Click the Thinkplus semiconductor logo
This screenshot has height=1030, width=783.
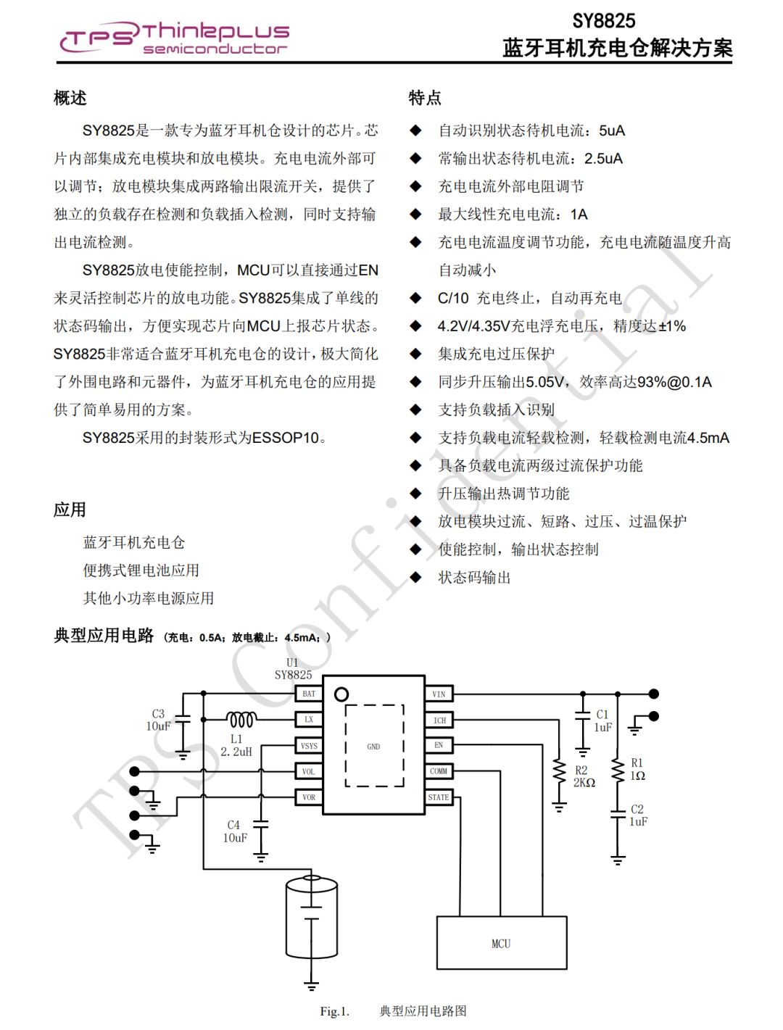(x=174, y=38)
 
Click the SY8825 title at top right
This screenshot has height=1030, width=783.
(x=603, y=21)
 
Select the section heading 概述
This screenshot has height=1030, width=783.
(x=70, y=98)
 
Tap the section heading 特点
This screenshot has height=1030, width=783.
(x=425, y=98)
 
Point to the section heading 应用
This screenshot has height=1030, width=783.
(x=70, y=510)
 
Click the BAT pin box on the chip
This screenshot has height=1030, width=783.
(x=309, y=694)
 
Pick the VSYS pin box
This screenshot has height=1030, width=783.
(x=309, y=746)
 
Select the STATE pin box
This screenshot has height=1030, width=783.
(x=439, y=797)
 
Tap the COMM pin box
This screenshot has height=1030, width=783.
(x=439, y=771)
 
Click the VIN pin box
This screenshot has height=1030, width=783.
(x=439, y=694)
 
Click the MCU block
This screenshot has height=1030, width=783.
(x=501, y=943)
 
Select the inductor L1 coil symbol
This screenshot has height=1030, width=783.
(x=241, y=720)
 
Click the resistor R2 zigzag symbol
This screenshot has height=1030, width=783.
(x=559, y=771)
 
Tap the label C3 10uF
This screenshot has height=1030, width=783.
(x=158, y=720)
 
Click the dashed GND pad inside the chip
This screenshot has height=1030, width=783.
(x=374, y=746)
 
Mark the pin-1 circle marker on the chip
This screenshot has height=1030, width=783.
(x=341, y=694)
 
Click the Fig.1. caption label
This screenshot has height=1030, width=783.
(x=335, y=1011)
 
